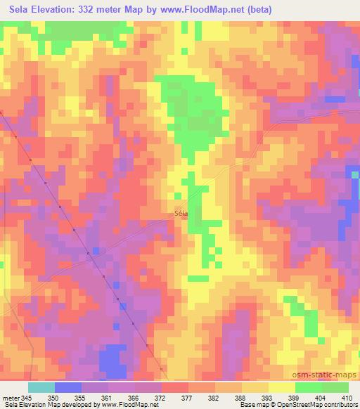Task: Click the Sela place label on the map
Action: [x=181, y=216]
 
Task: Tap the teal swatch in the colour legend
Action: [x=41, y=387]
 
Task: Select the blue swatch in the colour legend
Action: [x=68, y=387]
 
